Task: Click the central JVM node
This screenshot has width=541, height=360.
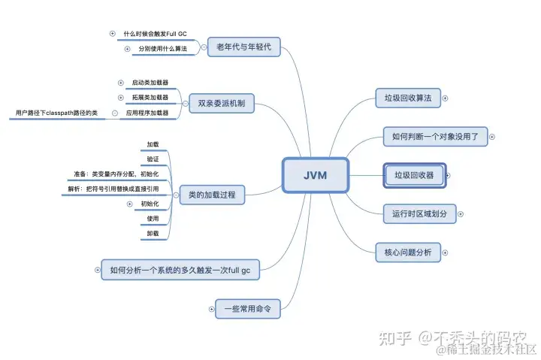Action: pos(315,176)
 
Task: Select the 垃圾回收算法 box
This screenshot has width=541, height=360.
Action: pos(408,98)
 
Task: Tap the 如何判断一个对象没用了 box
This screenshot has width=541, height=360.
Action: pos(435,137)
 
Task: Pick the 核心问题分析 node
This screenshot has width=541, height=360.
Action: pos(408,253)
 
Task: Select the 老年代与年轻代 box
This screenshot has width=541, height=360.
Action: pos(243,47)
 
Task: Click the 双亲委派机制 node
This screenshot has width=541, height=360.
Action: pos(221,102)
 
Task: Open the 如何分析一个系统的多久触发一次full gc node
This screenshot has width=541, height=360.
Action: pos(180,269)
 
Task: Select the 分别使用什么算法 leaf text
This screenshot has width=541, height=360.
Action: pos(162,49)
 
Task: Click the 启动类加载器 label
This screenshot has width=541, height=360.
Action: pos(150,83)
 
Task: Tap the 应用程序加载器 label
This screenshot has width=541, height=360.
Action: pos(148,113)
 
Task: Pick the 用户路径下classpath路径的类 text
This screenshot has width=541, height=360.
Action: pos(57,113)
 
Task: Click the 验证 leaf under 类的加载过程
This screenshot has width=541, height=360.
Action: pos(153,159)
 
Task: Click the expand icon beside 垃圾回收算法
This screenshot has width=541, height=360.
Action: pos(446,98)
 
